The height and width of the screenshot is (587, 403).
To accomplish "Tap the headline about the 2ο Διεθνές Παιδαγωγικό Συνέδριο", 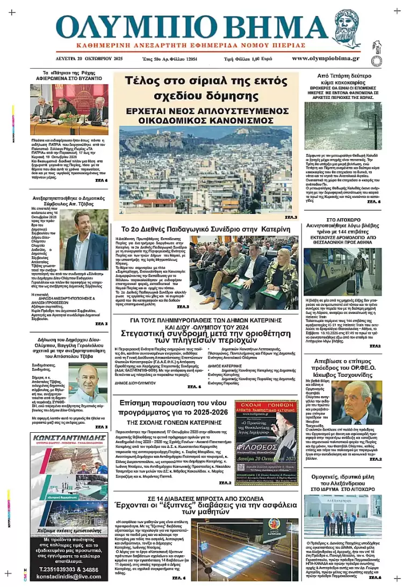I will point(206,229).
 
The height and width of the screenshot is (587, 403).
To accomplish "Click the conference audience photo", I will point(244,272).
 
